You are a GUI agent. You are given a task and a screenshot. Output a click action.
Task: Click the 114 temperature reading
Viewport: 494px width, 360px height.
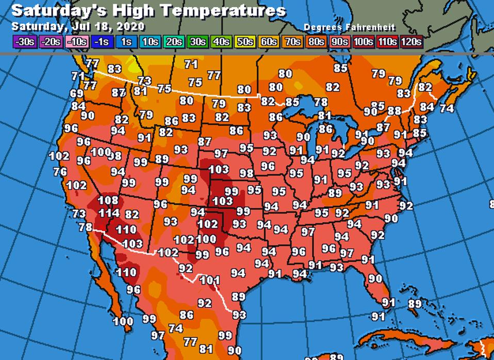(109, 213)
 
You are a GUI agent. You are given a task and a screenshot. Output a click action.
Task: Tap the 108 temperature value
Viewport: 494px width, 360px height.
(108, 200)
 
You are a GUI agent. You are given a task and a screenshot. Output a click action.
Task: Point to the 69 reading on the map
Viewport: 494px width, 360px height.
(76, 93)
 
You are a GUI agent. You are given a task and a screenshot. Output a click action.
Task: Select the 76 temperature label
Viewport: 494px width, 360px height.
(60, 172)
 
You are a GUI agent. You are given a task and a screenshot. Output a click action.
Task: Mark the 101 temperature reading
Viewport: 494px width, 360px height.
(210, 281)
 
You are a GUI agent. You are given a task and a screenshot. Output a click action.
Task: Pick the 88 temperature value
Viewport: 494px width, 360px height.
(394, 111)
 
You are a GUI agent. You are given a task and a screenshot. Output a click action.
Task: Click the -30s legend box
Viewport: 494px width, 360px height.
(24, 42)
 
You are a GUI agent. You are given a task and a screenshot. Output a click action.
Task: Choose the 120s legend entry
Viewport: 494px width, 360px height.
(410, 42)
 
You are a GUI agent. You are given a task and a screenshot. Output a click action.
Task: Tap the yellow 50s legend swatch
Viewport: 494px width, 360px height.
(244, 42)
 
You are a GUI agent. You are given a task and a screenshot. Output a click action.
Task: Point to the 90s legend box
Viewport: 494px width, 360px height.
(339, 42)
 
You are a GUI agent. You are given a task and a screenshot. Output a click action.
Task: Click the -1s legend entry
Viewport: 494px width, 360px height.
(102, 42)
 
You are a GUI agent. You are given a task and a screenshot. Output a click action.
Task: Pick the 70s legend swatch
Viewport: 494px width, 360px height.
(292, 42)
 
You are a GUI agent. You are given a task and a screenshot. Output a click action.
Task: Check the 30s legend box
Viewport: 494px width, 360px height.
(196, 42)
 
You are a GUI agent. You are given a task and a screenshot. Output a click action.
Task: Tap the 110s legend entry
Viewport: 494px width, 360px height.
(387, 42)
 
